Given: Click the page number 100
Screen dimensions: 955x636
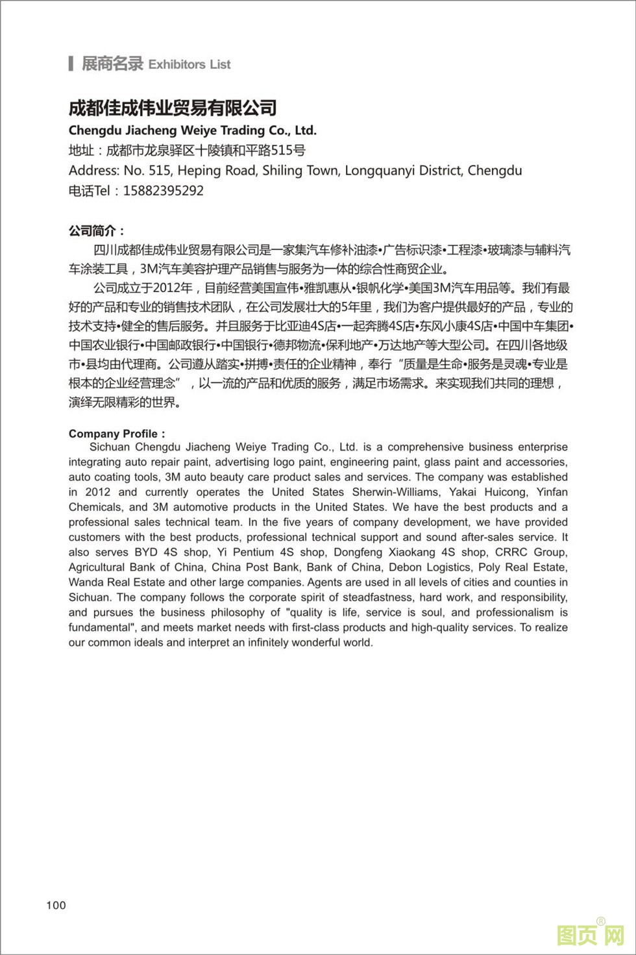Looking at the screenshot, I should coord(56,905).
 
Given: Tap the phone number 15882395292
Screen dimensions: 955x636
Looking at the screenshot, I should coord(163,191).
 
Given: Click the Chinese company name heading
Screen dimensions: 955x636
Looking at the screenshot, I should coord(173,108).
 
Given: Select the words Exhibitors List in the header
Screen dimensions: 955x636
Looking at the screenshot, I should coord(190,64).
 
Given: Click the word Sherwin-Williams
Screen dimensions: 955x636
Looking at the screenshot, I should coord(394,492).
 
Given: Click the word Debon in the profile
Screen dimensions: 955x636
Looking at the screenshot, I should coord(405,567).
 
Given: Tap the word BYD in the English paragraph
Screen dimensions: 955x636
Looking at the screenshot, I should coord(146,552).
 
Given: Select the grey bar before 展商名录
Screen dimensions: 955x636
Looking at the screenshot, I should coord(71,64).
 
